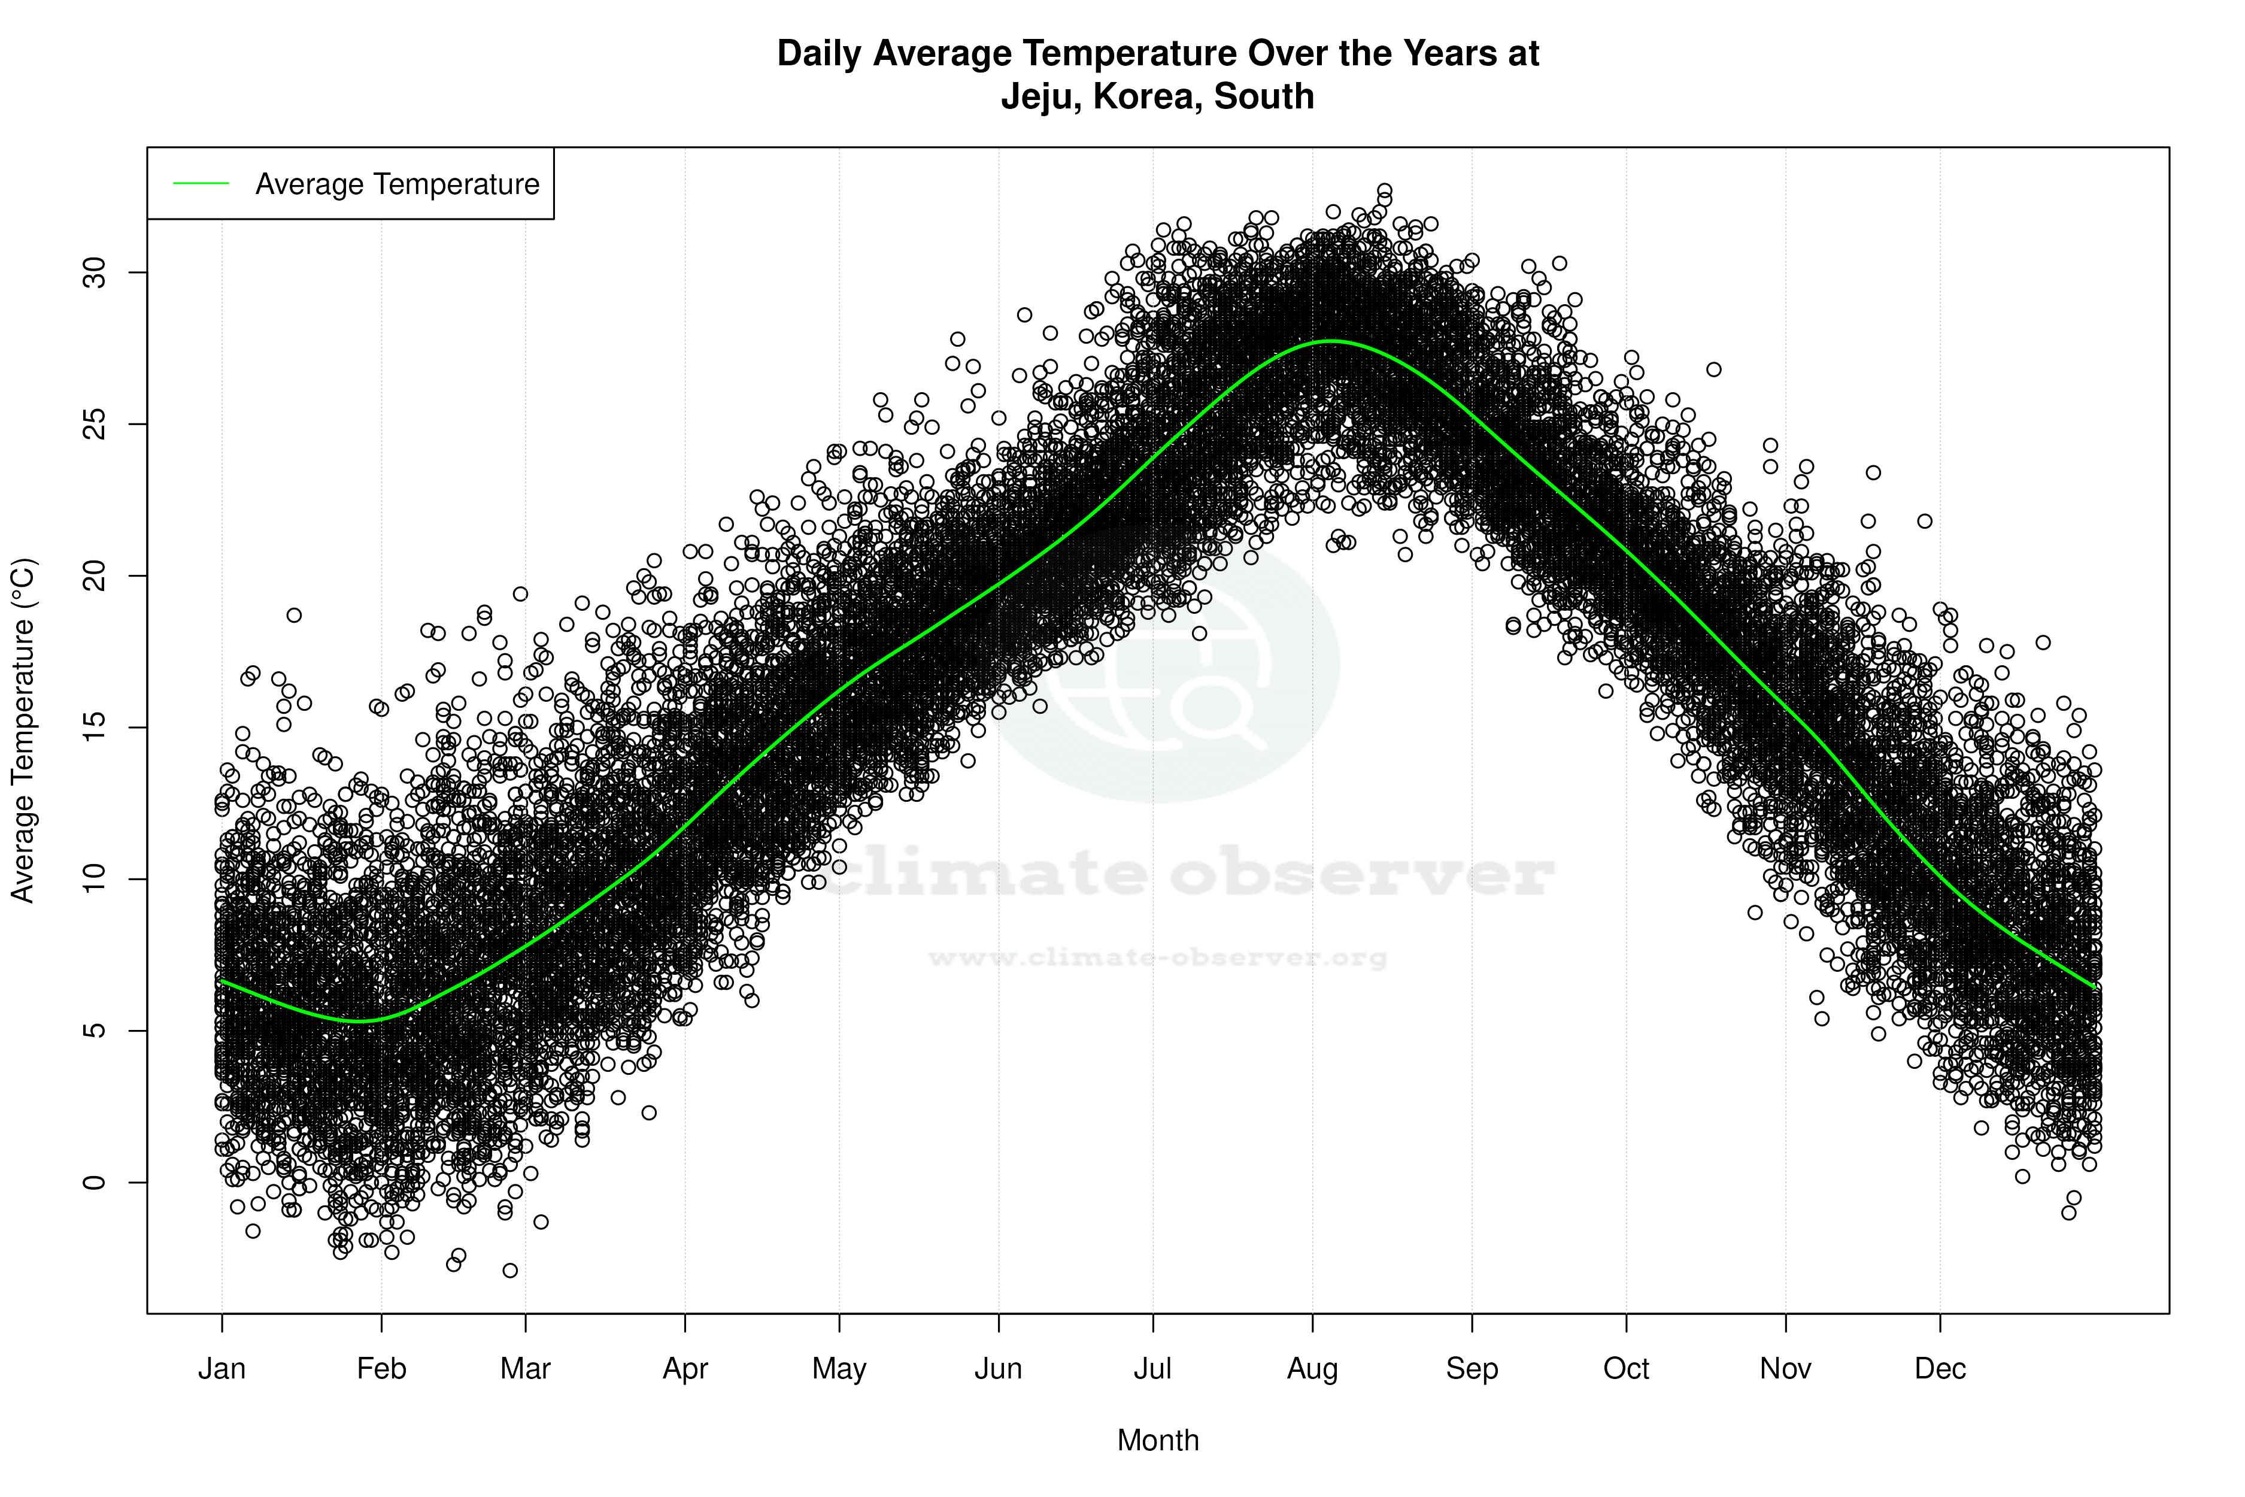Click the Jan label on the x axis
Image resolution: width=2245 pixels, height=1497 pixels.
pyautogui.click(x=222, y=1369)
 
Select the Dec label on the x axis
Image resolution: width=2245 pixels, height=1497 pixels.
pyautogui.click(x=1940, y=1369)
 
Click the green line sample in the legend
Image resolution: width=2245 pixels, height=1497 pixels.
pyautogui.click(x=201, y=183)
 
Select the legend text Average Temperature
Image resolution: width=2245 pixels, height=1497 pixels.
pyautogui.click(x=397, y=183)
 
